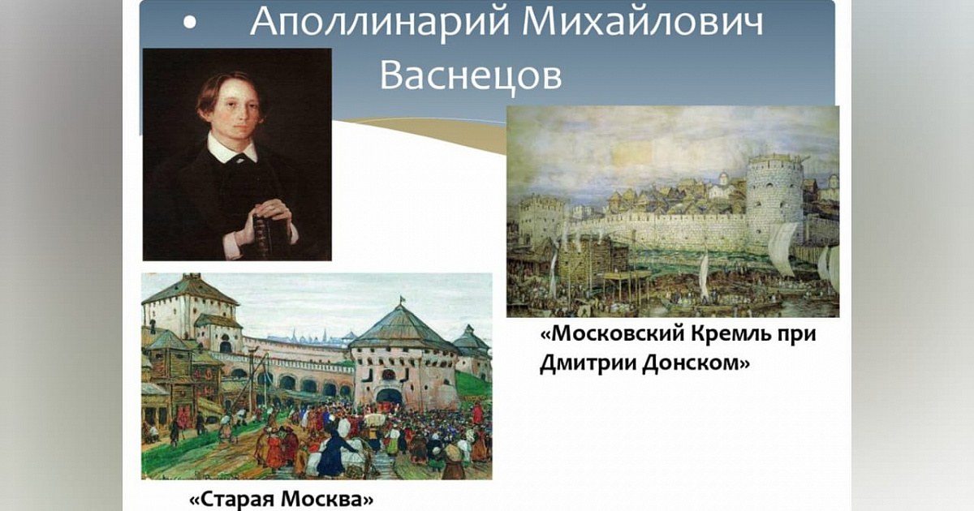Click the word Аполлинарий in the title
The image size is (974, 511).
coord(380,22)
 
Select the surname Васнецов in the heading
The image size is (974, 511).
coord(471,75)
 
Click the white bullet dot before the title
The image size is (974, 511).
coord(190,23)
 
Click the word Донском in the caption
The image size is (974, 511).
coord(696,363)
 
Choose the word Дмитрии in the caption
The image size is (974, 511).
coord(587,363)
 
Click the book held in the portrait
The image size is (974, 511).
coord(264,235)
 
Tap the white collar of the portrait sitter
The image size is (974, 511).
coord(233,148)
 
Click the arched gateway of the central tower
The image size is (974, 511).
coord(389,397)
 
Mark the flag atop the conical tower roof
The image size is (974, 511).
coord(402,299)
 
